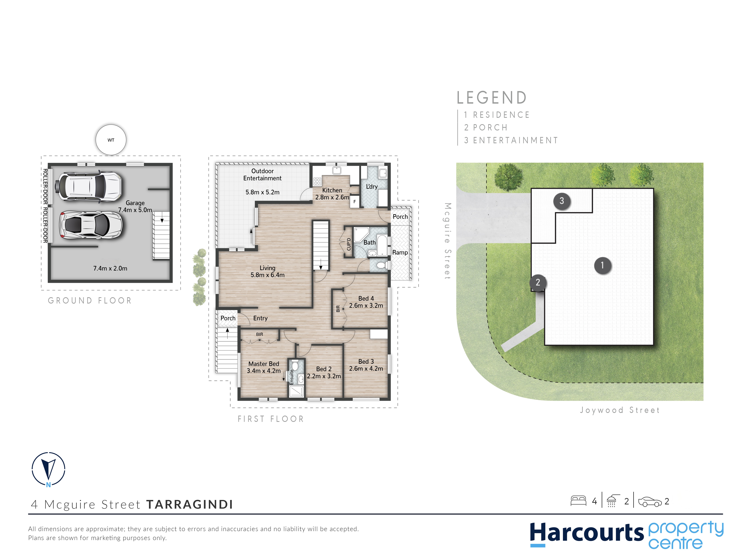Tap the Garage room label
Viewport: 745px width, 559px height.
pos(135,203)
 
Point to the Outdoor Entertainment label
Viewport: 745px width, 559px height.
pos(262,175)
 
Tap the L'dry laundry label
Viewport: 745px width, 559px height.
pos(372,186)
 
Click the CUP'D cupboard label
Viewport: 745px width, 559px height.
pos(349,244)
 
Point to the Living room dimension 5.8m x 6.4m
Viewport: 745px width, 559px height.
pos(267,275)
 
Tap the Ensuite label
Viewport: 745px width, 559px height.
pos(292,377)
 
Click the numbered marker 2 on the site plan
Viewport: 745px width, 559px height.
pos(538,282)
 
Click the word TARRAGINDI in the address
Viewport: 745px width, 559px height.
pos(190,504)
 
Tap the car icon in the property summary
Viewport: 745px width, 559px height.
pos(650,502)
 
